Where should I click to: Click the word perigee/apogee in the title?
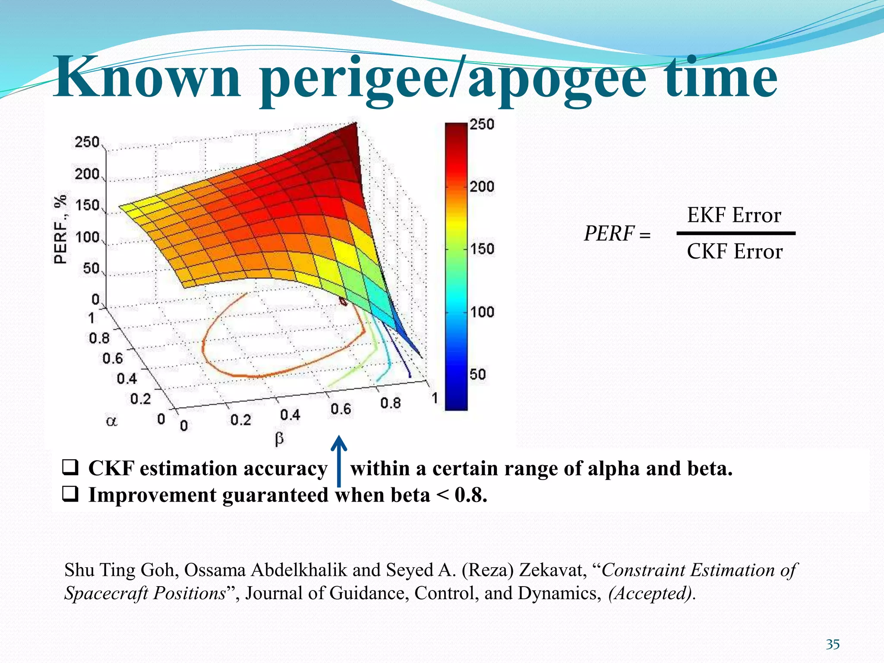[453, 80]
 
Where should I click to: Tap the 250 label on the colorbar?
[482, 125]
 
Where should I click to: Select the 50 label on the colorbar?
[478, 374]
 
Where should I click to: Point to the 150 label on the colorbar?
[482, 249]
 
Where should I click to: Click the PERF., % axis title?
[60, 229]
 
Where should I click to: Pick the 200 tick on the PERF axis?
[87, 174]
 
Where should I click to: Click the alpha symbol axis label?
[111, 421]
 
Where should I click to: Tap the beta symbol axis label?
[279, 439]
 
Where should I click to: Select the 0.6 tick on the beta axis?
[341, 409]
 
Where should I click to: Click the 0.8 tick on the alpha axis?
[99, 338]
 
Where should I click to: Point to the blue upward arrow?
[339, 460]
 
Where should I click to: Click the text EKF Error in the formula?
[734, 215]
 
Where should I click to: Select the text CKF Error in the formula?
[734, 251]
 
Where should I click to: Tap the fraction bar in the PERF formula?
[736, 234]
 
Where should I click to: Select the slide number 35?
[833, 644]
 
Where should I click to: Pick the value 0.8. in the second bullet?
[471, 495]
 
